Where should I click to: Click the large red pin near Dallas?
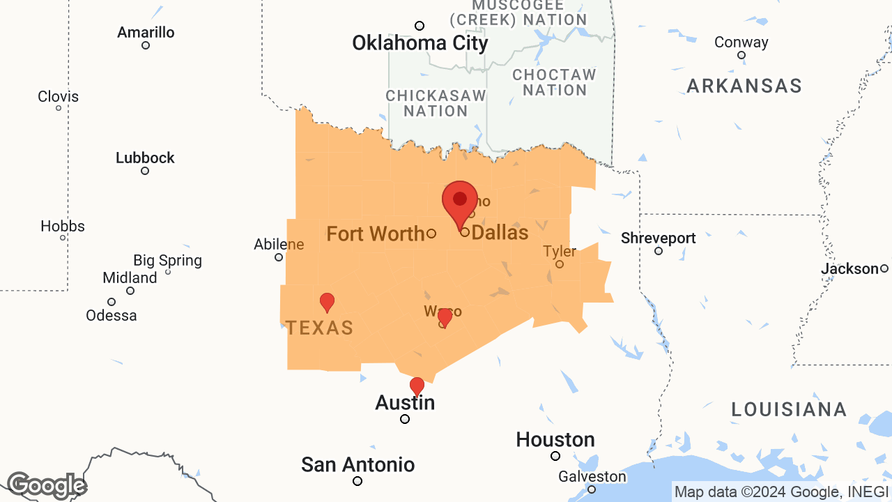point(459,201)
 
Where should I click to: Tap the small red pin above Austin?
point(417,386)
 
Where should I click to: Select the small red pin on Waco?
point(445,317)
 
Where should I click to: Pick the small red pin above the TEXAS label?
point(327,302)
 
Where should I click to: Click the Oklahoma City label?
point(420,43)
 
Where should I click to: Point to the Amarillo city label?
point(146,33)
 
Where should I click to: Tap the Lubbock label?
point(145,158)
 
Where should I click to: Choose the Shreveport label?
point(658,238)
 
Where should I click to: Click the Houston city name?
point(555,440)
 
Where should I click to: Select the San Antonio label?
point(357,464)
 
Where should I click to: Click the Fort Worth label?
point(376,234)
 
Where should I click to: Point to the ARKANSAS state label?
point(744,86)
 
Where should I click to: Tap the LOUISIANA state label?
point(789,409)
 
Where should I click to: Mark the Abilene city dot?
point(279,257)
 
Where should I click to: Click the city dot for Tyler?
point(559,264)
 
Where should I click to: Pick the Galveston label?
point(592,477)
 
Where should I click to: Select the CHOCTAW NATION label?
point(555,82)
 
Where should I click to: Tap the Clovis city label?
point(58,97)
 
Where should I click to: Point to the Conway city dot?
point(741,55)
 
